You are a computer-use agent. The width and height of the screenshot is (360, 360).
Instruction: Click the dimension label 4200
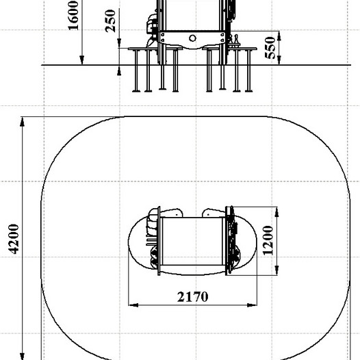click(x=14, y=240)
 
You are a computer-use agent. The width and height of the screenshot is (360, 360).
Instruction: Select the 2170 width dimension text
click(x=193, y=296)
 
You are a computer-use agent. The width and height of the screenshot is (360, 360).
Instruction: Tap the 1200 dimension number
click(x=268, y=241)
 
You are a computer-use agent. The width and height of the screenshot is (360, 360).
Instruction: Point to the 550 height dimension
click(x=270, y=48)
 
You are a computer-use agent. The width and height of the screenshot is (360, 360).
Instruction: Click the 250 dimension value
click(x=110, y=21)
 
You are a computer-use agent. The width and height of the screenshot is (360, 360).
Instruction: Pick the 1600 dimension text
click(x=73, y=15)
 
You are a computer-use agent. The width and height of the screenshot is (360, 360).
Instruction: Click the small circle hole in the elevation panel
click(x=192, y=38)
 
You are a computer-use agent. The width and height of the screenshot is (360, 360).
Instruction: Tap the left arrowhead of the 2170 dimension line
click(x=133, y=305)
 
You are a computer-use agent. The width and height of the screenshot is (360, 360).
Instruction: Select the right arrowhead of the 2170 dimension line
click(x=252, y=305)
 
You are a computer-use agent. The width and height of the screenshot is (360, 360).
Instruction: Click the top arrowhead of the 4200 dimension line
click(x=22, y=122)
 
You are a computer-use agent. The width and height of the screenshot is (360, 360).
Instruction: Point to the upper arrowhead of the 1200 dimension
click(x=277, y=211)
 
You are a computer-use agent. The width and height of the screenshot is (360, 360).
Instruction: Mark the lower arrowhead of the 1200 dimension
click(x=277, y=270)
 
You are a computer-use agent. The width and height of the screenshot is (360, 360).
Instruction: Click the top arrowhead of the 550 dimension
click(x=279, y=36)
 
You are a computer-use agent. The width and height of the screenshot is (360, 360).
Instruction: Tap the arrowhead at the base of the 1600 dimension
click(x=81, y=60)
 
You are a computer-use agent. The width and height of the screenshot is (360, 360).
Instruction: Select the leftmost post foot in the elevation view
click(x=136, y=92)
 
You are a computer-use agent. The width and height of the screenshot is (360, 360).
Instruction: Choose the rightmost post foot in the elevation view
click(x=248, y=92)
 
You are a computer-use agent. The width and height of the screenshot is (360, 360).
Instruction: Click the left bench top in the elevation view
click(x=155, y=49)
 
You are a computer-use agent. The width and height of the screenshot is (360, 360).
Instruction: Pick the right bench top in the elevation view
click(x=229, y=49)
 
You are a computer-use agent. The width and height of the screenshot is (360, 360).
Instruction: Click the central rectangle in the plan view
click(x=192, y=241)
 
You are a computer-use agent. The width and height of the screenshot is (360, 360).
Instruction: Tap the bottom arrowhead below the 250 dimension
click(x=119, y=73)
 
